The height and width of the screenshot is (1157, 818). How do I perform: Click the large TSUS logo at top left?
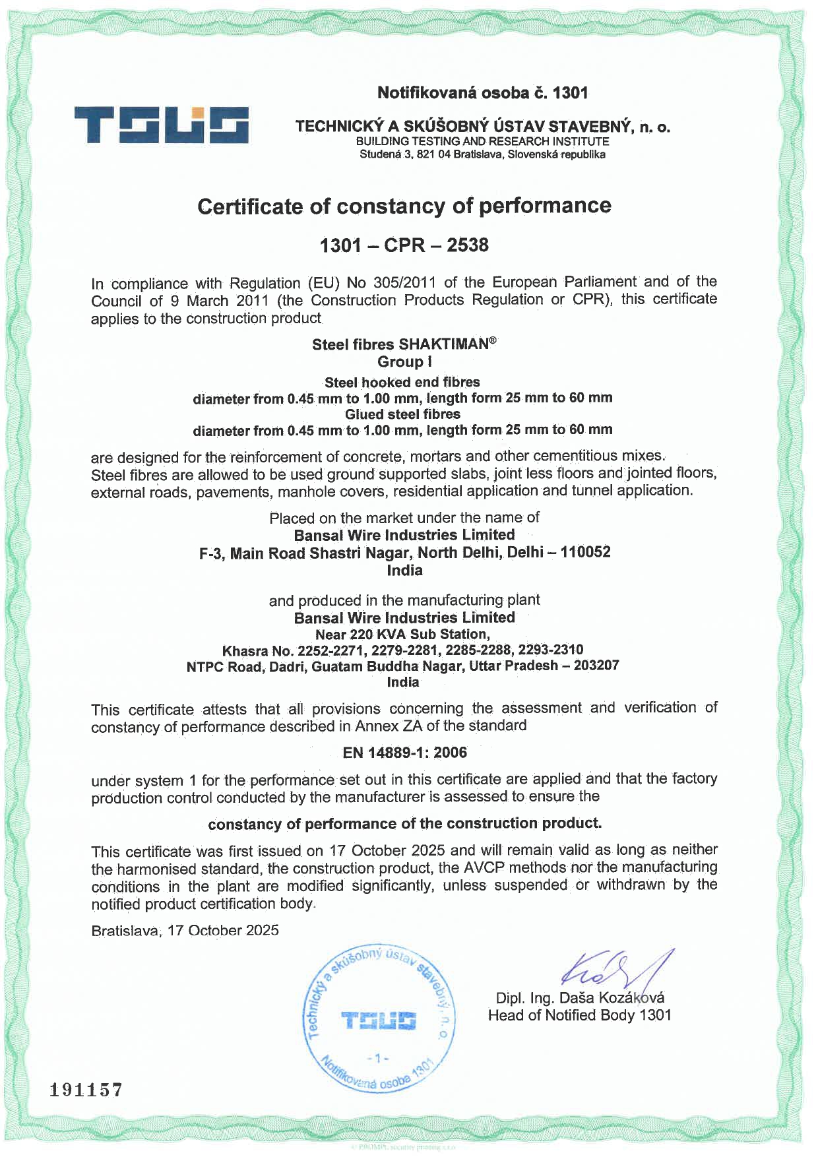pos(161,125)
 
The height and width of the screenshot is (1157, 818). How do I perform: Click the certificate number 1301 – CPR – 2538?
pos(404,245)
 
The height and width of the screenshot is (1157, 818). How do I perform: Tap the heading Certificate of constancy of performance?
pos(404,206)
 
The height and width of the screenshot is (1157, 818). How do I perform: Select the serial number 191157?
pos(86,1090)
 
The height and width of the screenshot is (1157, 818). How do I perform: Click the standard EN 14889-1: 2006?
pos(404,753)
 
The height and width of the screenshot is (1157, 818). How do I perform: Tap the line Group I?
pos(404,361)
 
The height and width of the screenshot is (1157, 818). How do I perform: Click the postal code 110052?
pos(585,552)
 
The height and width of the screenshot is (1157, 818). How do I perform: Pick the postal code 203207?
pos(596,665)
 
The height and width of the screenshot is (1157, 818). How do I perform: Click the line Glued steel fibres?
pos(402,414)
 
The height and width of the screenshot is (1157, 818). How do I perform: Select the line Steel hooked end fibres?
pos(402,383)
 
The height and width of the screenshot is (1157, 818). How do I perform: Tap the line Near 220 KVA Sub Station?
pos(402,635)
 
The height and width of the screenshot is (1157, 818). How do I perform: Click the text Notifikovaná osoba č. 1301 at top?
pos(482,93)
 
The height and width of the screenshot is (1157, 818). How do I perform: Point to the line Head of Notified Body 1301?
pos(579,1015)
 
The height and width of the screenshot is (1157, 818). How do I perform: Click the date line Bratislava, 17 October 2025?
pos(185,931)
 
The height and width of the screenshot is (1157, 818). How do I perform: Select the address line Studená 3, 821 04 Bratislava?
pos(482,155)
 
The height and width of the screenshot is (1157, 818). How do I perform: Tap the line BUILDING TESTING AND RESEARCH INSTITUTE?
pos(482,141)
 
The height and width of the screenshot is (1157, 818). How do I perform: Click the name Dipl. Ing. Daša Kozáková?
pos(580,998)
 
